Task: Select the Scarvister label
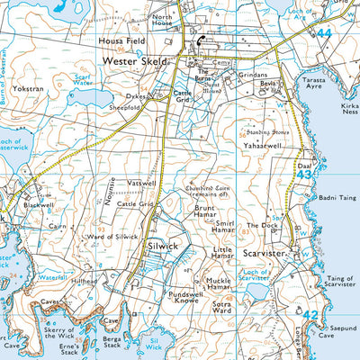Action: click(x=265, y=254)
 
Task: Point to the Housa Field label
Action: click(x=122, y=41)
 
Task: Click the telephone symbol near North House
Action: click(x=200, y=40)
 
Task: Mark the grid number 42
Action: click(x=310, y=315)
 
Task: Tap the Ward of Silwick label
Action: click(x=112, y=236)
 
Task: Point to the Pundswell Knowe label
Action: click(x=187, y=298)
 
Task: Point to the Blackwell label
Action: click(x=40, y=204)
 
